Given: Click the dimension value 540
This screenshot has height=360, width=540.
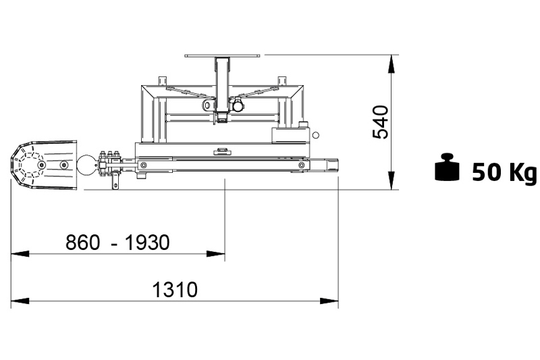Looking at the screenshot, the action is [381, 122].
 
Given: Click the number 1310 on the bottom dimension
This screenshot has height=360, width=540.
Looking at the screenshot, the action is [175, 290].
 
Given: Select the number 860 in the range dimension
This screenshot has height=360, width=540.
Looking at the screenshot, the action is [82, 242].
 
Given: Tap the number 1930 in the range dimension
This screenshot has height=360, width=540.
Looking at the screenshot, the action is [147, 242].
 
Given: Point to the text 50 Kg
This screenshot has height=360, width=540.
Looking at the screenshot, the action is [504, 172].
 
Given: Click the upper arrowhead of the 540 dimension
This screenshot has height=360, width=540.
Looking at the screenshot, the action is [391, 64].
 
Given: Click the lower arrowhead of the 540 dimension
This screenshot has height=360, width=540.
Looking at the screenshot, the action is [391, 180].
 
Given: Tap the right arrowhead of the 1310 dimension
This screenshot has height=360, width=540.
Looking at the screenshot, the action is [329, 301].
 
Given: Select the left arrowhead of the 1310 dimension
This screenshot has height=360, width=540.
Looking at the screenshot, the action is [20, 301].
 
